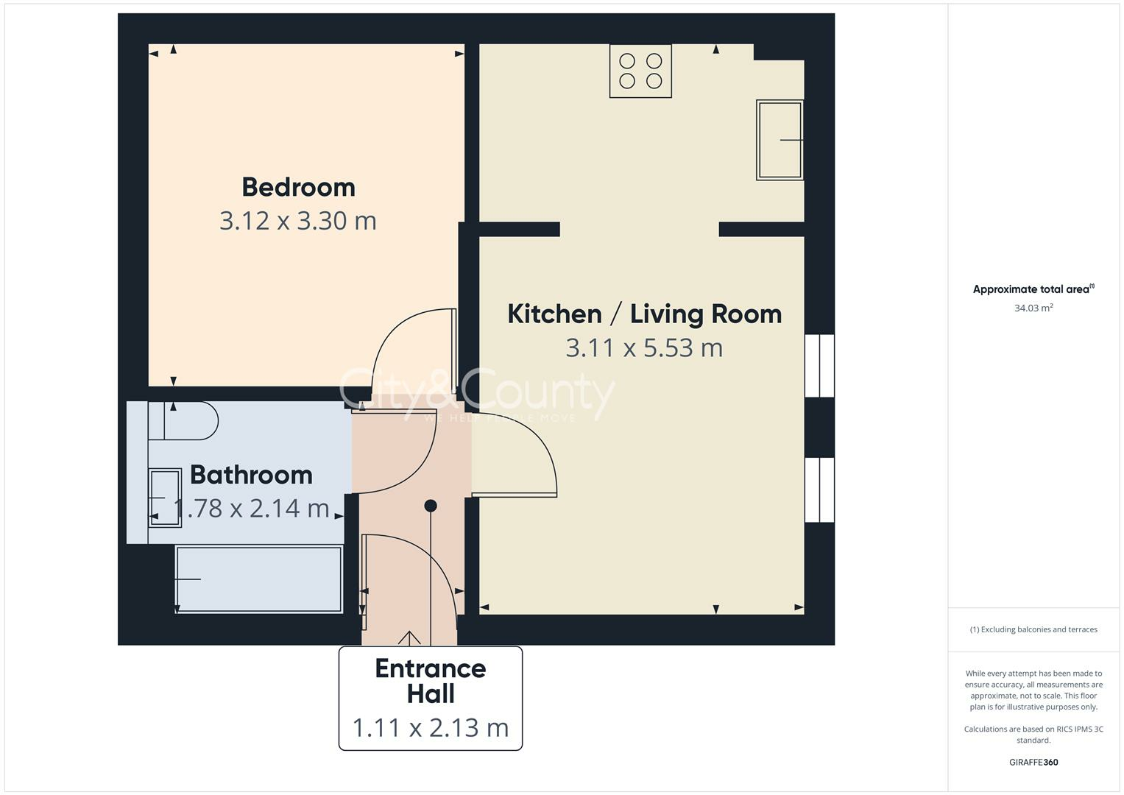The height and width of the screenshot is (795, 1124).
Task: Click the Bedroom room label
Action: [298, 187]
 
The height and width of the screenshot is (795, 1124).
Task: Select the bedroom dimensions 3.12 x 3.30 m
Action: [298, 221]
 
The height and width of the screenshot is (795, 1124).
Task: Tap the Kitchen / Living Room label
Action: [644, 314]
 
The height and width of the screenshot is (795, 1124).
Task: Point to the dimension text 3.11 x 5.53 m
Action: [644, 347]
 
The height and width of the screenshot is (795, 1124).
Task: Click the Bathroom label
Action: [251, 475]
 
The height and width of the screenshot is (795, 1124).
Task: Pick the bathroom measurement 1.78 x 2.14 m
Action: [251, 508]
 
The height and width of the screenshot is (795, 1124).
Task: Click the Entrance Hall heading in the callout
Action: [431, 681]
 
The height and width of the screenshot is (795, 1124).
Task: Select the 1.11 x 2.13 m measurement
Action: [431, 728]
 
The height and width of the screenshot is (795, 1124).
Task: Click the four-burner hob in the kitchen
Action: [640, 71]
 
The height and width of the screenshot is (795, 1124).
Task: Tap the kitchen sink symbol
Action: [780, 140]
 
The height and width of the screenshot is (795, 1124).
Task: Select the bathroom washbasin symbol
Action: [165, 498]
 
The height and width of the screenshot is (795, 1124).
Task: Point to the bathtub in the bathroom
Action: [258, 579]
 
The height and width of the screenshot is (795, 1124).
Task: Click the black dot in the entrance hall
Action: [431, 506]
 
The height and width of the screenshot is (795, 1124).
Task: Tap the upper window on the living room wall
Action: [819, 366]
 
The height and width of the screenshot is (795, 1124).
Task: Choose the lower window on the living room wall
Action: [819, 490]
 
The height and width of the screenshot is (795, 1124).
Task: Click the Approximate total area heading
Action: [1033, 289]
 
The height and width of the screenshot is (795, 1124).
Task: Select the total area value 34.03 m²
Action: [1033, 308]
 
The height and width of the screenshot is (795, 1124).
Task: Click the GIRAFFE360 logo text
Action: [1033, 763]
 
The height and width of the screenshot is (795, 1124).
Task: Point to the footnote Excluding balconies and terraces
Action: [1033, 629]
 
